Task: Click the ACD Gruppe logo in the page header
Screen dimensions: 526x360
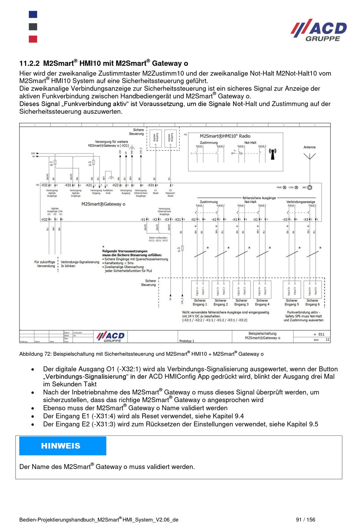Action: [x=319, y=30]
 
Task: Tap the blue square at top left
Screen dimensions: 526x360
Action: [x=33, y=14]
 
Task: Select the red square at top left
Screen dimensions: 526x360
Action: [x=33, y=39]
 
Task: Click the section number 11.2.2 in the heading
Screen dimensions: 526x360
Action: [x=29, y=63]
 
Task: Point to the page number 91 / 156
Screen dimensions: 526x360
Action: [x=305, y=520]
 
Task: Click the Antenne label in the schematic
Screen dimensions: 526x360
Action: [x=309, y=147]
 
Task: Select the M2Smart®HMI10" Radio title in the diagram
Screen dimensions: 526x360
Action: [x=225, y=136]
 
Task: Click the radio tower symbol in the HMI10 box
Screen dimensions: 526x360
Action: [x=272, y=153]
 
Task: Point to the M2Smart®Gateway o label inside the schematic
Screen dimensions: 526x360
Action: [x=103, y=204]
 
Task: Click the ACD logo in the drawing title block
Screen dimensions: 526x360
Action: [x=110, y=337]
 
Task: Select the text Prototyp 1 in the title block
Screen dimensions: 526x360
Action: [x=186, y=341]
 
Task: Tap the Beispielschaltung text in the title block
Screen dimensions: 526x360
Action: [x=262, y=333]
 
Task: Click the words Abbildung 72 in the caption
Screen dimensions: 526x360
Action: [x=35, y=354]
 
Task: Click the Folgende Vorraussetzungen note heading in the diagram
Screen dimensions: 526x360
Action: [x=125, y=251]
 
